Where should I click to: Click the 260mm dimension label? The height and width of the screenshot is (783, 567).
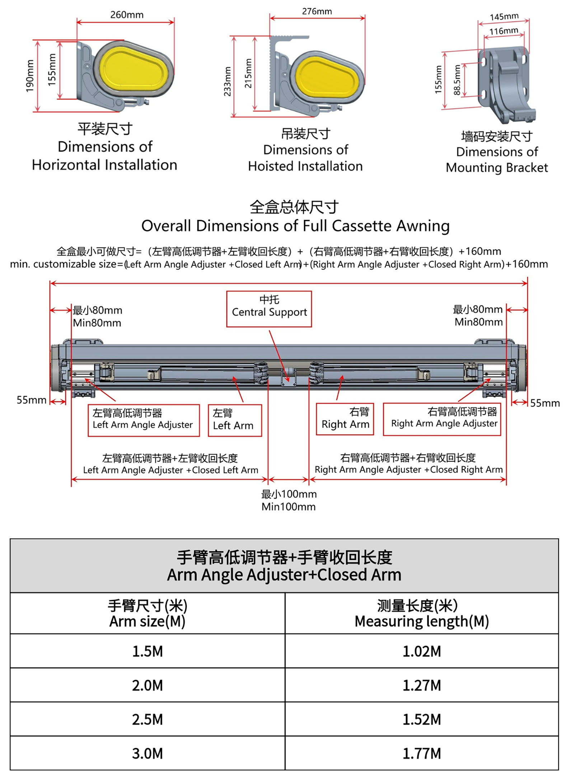[x=127, y=15]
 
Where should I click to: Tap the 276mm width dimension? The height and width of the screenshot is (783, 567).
[x=317, y=11]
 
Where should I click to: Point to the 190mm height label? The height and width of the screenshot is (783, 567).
[x=30, y=76]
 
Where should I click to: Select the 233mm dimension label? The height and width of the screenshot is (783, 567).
[x=227, y=81]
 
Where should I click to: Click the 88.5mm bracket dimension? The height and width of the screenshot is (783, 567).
[x=457, y=80]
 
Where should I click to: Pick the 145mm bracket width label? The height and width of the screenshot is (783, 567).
[x=504, y=16]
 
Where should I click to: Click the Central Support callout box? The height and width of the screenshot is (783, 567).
[x=269, y=309]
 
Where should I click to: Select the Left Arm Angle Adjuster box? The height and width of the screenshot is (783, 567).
[x=144, y=420]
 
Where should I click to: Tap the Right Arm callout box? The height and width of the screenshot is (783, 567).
[x=345, y=419]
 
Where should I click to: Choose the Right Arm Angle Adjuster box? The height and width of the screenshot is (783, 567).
[x=442, y=419]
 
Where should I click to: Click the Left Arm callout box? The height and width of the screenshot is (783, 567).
[x=235, y=420]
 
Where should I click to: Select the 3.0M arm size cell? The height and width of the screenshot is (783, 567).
[x=147, y=753]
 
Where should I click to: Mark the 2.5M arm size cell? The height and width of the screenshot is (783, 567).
[x=147, y=719]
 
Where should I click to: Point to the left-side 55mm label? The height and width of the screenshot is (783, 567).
[x=32, y=400]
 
